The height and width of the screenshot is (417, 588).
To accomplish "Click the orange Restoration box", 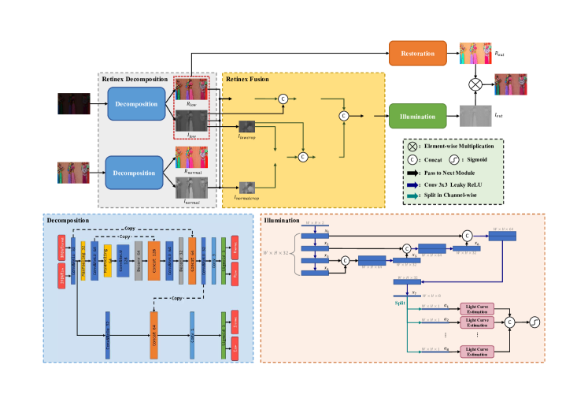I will point(418,53).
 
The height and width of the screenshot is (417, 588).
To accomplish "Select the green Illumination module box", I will point(418,116).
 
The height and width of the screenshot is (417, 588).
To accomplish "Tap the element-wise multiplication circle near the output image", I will point(475,84).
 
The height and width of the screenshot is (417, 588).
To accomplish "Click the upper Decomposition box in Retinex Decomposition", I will point(136,103).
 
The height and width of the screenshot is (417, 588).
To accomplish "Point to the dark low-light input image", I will point(74,103).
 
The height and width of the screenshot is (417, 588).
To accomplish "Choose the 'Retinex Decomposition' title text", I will point(135,80).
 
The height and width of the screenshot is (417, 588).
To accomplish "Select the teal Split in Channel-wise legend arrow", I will point(413,195).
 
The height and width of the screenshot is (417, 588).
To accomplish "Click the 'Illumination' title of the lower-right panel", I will point(282,221).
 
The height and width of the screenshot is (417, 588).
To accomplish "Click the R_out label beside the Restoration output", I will point(500,53).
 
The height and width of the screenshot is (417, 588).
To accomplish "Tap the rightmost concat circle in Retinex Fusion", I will point(343,116).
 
